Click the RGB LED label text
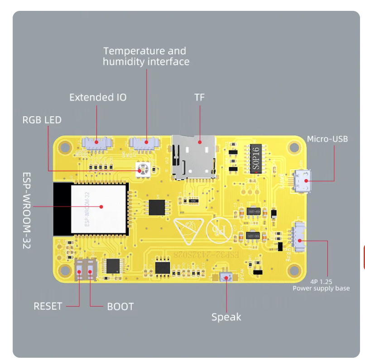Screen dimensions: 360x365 [x=42, y=120]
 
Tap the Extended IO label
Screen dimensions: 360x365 [x=98, y=97]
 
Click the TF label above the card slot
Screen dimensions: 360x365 [x=200, y=97]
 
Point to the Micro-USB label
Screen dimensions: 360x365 [x=327, y=139]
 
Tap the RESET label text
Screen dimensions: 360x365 [x=48, y=306]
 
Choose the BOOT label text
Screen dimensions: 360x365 [x=120, y=307]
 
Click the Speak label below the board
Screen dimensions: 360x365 [x=226, y=317]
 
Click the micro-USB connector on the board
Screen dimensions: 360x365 [x=301, y=181]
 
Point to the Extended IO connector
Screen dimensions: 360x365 [x=96, y=143]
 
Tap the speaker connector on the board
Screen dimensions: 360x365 [x=226, y=277]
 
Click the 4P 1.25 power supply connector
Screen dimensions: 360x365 [x=299, y=237]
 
